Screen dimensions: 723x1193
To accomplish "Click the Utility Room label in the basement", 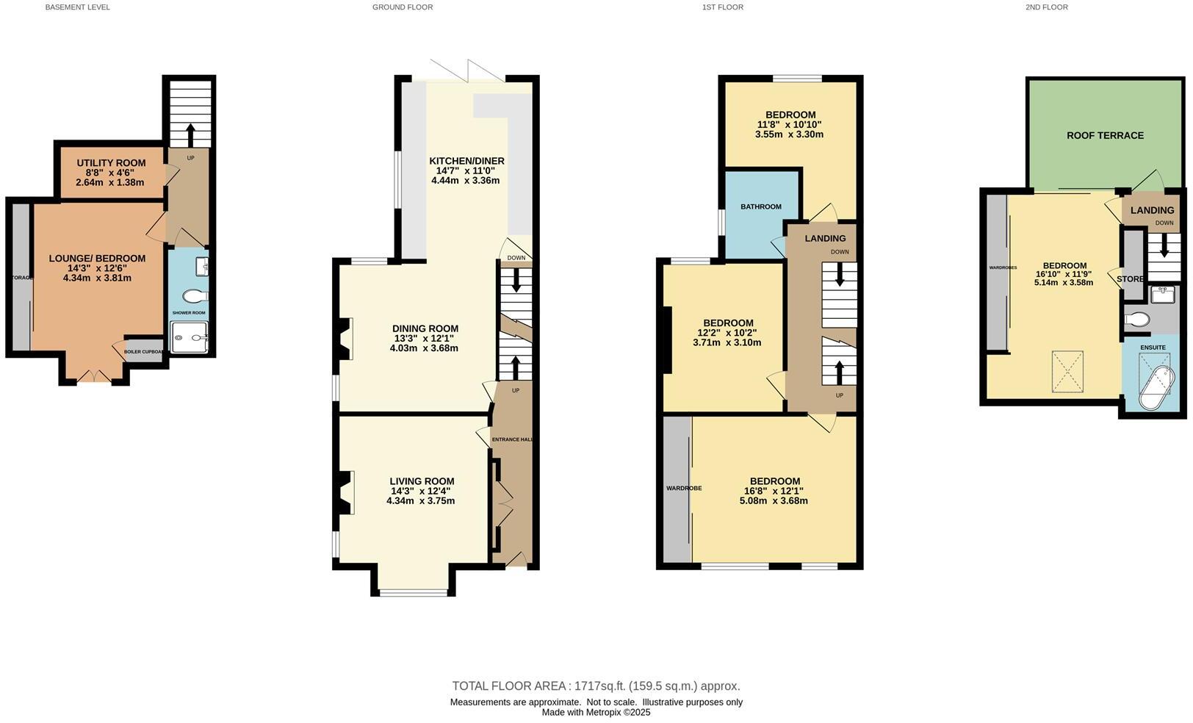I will [x=111, y=163].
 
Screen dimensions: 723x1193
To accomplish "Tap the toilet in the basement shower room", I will [x=195, y=296].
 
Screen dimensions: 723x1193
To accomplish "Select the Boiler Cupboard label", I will [x=144, y=351].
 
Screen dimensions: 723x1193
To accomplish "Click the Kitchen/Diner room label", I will [x=466, y=161].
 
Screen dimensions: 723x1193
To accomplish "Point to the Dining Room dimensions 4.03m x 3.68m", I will [x=424, y=348].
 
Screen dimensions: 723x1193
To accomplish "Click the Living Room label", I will [x=422, y=481].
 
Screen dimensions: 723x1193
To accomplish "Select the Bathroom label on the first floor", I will [x=760, y=206].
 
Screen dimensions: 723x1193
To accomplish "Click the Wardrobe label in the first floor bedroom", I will [x=683, y=488].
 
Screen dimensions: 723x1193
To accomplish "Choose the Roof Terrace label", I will [x=1105, y=135].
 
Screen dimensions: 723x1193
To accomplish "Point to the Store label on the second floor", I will [x=1130, y=279].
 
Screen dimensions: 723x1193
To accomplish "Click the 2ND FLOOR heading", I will [x=1046, y=7].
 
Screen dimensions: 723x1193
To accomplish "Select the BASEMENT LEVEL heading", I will [x=77, y=7].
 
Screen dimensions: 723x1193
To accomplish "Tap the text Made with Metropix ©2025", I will [x=596, y=712].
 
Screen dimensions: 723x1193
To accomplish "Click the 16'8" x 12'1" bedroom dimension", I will [x=774, y=491].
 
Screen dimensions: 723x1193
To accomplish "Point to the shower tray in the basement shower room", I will [x=190, y=339].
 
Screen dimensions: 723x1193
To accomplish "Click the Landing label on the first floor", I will [x=825, y=238].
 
